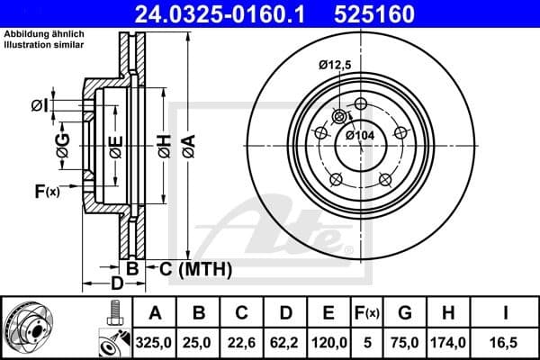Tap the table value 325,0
coord(155,343)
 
